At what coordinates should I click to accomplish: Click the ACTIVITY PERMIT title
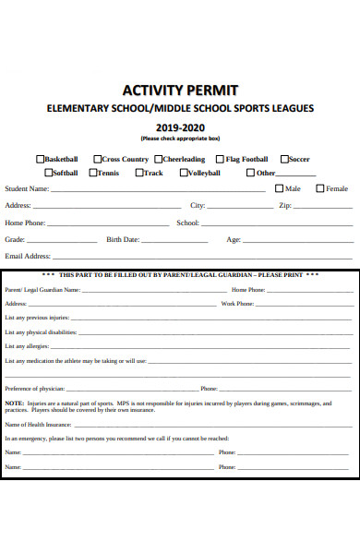(x=180, y=90)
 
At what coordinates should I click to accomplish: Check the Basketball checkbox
(x=40, y=159)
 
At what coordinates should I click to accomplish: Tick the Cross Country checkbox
(x=96, y=159)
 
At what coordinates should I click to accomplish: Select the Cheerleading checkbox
(x=159, y=159)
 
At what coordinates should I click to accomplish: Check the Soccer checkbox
(x=283, y=159)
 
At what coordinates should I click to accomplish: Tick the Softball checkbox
(x=48, y=173)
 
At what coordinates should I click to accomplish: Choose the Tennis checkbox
(x=93, y=173)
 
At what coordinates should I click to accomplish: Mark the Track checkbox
(x=138, y=173)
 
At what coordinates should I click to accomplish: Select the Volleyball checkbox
(x=185, y=173)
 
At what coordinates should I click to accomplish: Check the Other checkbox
(x=251, y=173)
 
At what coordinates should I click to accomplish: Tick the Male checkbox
(x=280, y=188)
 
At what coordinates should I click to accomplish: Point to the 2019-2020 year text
(x=180, y=127)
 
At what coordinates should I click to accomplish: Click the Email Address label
(x=28, y=256)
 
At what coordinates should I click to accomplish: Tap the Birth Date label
(x=123, y=239)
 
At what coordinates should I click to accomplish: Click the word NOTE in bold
(x=14, y=403)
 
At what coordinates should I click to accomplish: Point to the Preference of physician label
(x=35, y=389)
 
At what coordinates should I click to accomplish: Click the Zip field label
(x=285, y=206)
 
